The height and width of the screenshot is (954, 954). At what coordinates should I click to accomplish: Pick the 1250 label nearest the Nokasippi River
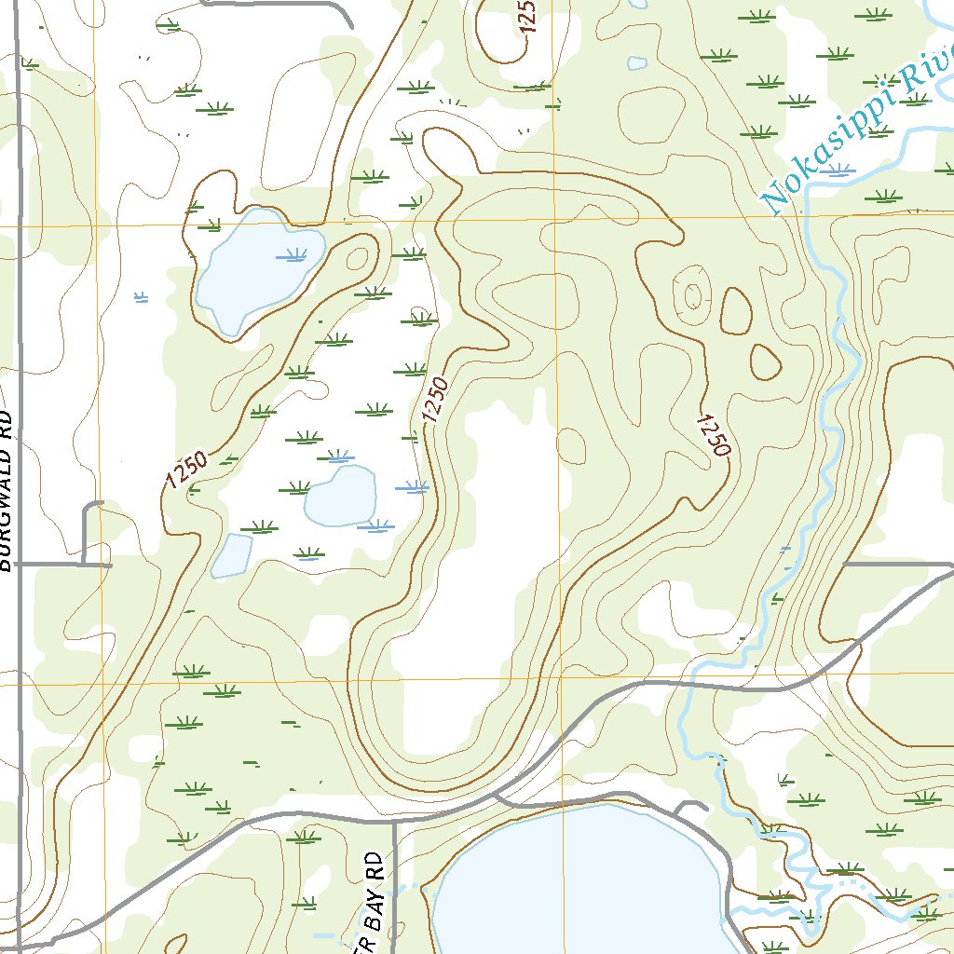click(713, 434)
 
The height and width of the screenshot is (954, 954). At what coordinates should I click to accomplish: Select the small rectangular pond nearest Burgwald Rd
click(232, 555)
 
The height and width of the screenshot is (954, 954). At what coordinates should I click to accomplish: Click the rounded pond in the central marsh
click(340, 495)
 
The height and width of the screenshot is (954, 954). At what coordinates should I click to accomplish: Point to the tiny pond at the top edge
click(637, 63)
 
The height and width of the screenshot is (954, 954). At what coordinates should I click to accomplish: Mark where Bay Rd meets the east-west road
click(394, 822)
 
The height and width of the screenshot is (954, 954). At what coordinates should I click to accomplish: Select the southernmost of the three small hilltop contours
click(766, 361)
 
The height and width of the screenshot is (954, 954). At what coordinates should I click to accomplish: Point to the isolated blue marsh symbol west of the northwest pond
click(141, 297)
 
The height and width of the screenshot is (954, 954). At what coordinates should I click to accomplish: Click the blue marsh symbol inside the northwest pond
click(294, 254)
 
